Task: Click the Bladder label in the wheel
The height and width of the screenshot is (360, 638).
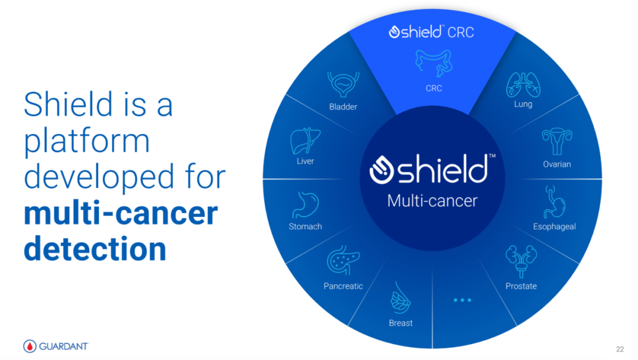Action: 343,106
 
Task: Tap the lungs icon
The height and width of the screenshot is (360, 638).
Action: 523,85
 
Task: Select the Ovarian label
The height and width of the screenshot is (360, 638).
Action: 556,164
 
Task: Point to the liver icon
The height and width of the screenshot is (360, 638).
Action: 305,141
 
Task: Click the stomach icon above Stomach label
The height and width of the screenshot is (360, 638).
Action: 305,205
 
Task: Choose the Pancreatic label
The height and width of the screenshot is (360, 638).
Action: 343,286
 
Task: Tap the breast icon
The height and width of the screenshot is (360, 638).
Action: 401,298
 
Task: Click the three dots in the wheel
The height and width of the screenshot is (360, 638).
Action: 462,300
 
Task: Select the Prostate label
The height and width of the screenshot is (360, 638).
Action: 521,286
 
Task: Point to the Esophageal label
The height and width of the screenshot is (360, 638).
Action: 554,226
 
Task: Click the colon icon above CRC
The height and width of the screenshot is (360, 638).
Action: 434,63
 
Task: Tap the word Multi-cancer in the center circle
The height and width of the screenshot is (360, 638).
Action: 432,201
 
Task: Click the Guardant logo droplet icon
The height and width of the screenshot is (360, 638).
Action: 30,346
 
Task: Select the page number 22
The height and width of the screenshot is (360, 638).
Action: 620,349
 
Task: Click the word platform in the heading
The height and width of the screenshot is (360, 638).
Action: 87,141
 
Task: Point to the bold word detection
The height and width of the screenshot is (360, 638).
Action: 95,249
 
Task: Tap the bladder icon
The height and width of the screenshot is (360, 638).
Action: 343,85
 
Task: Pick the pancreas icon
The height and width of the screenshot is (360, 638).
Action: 343,260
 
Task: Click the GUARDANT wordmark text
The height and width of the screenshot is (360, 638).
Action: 63,346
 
